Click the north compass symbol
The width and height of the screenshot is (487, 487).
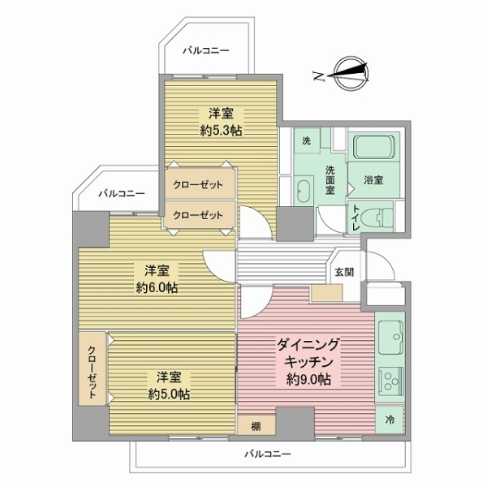[x=351, y=74]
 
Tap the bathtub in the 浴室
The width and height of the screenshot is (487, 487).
[x=374, y=146]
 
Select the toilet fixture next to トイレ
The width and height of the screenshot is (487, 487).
[x=381, y=216]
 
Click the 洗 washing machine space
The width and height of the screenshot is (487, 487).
[x=307, y=140]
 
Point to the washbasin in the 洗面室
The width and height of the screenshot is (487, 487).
[x=304, y=190]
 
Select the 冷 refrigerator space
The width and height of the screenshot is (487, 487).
[x=390, y=420]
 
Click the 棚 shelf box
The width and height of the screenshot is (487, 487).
[x=256, y=425]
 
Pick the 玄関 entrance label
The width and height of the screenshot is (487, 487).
[x=344, y=272]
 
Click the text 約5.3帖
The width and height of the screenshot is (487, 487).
[x=221, y=131]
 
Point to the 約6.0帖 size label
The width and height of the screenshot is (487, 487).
[x=157, y=288]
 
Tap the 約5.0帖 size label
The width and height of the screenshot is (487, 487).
[x=169, y=394]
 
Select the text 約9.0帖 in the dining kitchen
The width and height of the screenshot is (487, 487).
[x=308, y=379]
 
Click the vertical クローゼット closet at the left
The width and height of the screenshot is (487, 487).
[x=93, y=368]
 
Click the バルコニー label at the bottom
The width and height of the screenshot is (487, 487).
[x=268, y=455]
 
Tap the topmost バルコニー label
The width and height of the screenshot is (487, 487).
[x=206, y=50]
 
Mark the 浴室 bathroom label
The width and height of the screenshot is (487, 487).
[x=373, y=180]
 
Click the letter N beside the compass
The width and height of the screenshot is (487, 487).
[x=319, y=76]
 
